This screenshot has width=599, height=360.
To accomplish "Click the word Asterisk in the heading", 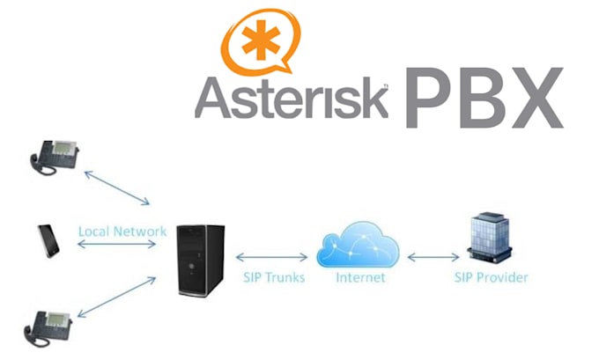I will point(292,98).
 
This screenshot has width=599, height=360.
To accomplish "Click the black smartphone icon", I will point(47,240).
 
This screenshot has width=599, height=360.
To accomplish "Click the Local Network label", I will point(122,231).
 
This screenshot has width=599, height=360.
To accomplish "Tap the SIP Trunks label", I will point(273,278).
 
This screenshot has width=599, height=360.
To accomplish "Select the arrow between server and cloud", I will point(272,258).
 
